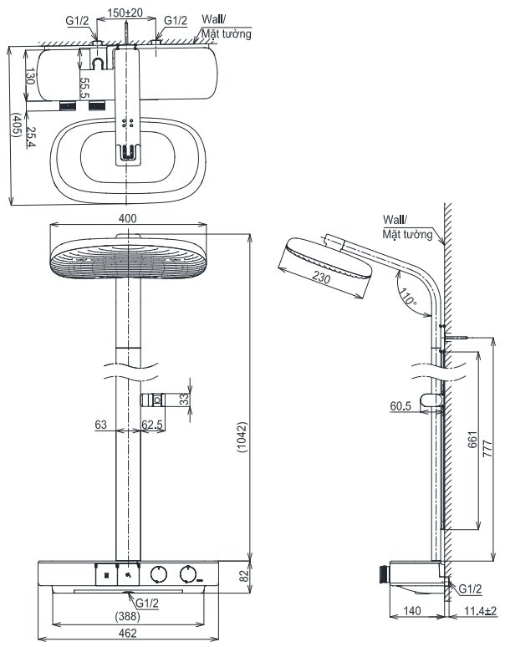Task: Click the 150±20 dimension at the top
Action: click(125, 13)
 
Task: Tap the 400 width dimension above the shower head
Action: click(127, 218)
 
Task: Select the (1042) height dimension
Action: click(242, 437)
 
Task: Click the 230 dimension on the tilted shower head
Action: click(321, 277)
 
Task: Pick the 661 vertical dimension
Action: click(472, 440)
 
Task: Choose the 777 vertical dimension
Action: click(487, 449)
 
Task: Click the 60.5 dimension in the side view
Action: click(400, 406)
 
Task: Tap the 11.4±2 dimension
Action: click(480, 611)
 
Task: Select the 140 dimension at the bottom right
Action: click(411, 610)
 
